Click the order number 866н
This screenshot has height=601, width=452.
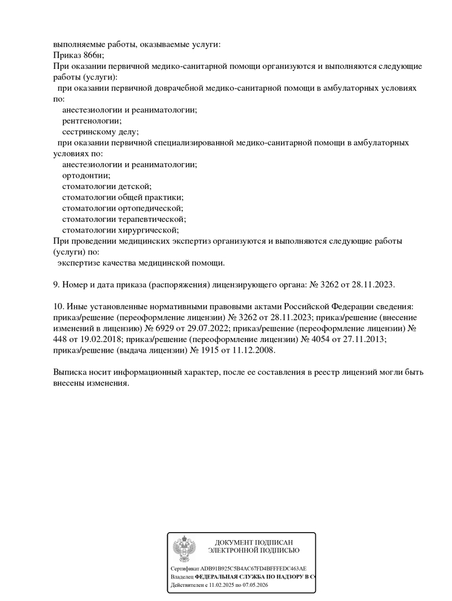point(94,55)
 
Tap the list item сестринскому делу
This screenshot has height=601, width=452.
point(99,132)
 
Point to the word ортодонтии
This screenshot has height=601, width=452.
point(85,176)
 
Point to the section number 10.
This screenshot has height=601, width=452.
point(58,306)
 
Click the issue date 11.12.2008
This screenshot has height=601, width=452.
point(252,350)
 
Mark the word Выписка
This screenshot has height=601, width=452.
point(72,372)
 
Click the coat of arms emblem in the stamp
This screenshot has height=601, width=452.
point(184,547)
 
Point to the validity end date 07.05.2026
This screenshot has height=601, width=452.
point(254,586)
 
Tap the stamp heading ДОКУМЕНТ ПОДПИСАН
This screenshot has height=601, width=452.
point(254,542)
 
